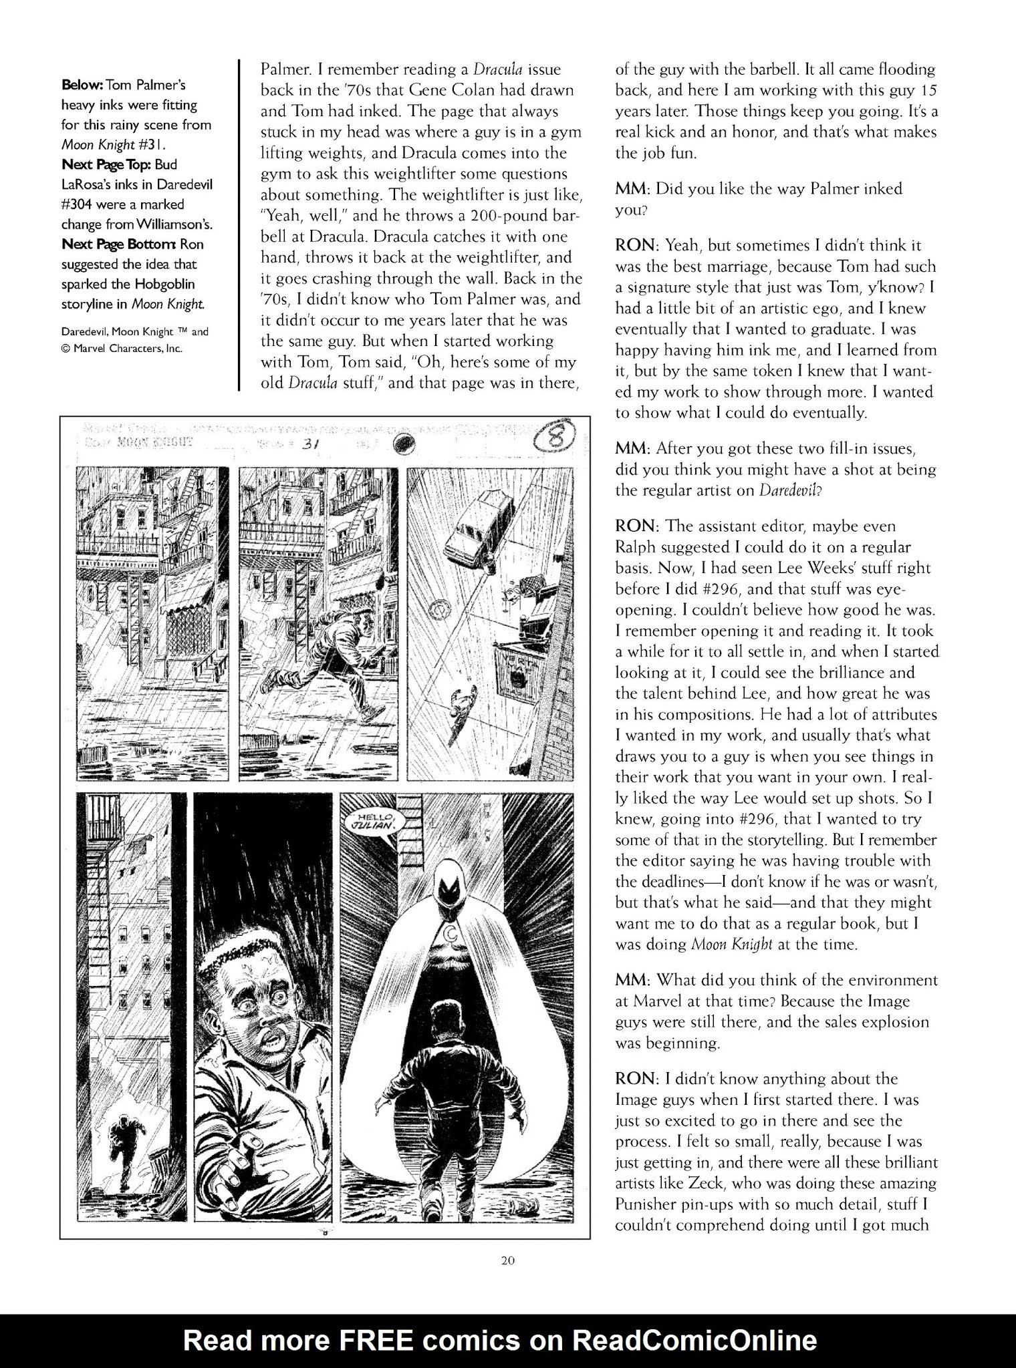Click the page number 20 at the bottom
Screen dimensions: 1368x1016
click(507, 1262)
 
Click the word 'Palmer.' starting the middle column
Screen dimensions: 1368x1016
click(282, 69)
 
